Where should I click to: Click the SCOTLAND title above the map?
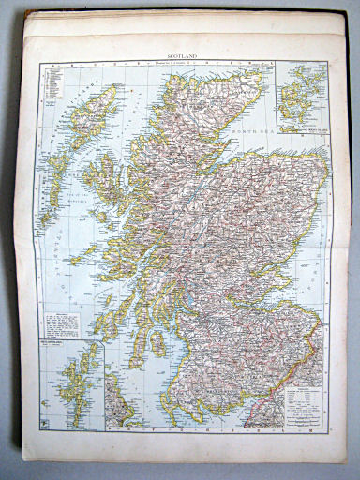coord(185,56)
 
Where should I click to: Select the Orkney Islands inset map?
coord(302,94)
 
